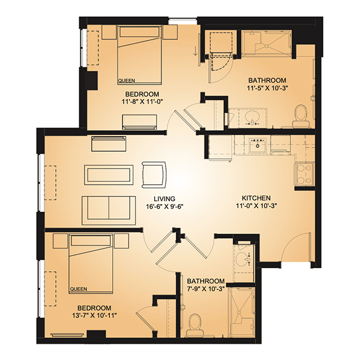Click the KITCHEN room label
(256, 198)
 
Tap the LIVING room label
(164, 199)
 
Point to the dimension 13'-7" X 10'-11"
(95, 316)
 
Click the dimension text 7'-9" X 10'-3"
(206, 289)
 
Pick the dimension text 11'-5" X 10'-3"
(268, 88)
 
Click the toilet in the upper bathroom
(301, 115)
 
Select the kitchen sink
(257, 145)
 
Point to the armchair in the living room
(154, 175)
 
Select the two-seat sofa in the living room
(109, 211)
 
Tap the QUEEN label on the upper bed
(127, 80)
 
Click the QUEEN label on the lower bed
(79, 289)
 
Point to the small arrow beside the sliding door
(195, 51)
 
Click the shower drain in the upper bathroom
(266, 46)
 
